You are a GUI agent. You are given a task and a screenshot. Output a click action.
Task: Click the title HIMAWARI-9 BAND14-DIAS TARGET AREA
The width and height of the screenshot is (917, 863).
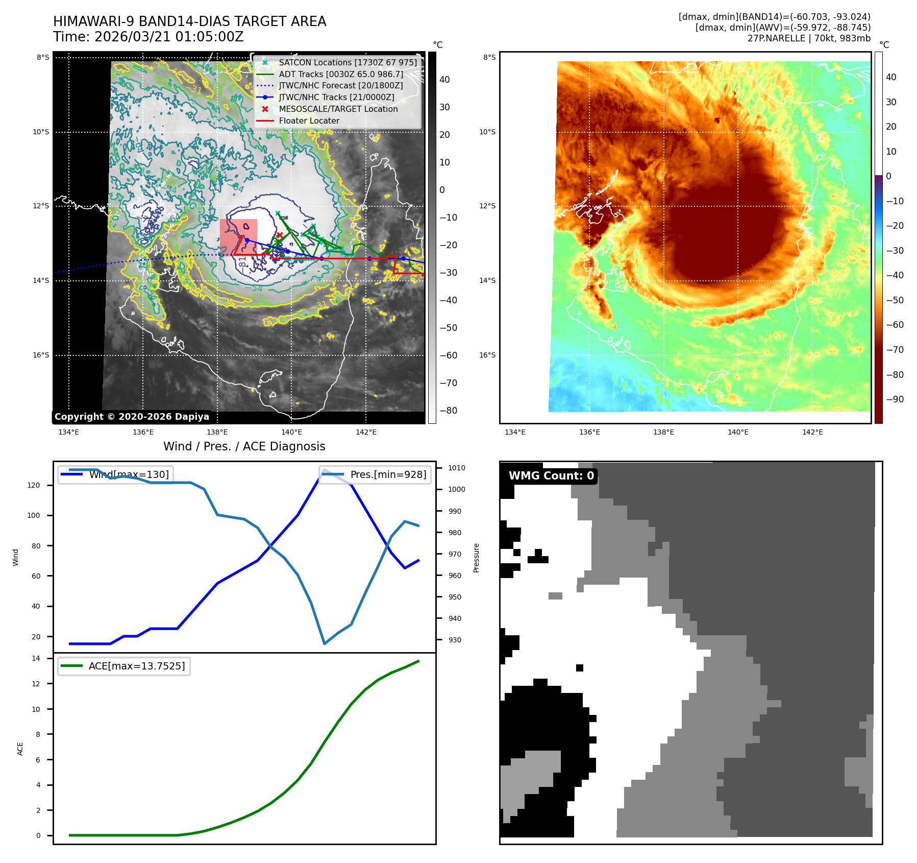(x=189, y=21)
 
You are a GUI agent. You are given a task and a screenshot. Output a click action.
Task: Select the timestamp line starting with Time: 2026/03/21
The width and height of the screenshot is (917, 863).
(x=148, y=37)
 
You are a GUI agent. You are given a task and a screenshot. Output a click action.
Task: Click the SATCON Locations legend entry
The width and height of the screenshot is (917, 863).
(x=347, y=62)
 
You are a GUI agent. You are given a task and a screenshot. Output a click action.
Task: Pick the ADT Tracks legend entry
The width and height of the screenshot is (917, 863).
(x=340, y=74)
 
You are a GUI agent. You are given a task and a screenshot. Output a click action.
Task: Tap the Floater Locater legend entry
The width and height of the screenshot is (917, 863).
(x=309, y=121)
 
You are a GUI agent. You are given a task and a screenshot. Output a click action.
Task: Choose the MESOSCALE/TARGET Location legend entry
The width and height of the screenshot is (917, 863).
(x=338, y=109)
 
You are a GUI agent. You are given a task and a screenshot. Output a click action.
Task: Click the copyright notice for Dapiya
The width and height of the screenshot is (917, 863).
(x=132, y=417)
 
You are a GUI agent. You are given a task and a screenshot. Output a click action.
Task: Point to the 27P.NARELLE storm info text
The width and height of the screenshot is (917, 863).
(x=808, y=38)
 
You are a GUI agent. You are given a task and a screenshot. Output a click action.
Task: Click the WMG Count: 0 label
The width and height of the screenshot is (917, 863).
(x=551, y=476)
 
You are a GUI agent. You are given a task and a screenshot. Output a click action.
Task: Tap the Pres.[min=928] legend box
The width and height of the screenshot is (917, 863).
(x=375, y=474)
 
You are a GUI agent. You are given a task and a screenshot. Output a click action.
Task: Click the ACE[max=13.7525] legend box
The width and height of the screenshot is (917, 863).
(x=124, y=666)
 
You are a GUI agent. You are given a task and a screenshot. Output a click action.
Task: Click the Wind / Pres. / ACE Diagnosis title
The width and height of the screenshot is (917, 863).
(x=244, y=446)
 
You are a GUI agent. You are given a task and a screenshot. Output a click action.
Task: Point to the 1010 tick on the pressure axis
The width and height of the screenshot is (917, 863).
(x=456, y=468)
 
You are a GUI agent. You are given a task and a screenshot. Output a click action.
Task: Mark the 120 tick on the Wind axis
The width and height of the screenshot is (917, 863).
(x=34, y=485)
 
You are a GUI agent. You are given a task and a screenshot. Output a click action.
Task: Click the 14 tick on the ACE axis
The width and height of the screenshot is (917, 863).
(x=36, y=658)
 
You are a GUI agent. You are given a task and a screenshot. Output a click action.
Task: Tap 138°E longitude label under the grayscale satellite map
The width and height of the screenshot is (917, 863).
(x=217, y=432)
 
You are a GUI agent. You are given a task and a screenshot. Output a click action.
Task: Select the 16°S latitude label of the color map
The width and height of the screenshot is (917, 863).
(x=487, y=355)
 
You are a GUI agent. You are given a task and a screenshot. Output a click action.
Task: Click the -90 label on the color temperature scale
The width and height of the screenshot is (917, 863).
(x=895, y=399)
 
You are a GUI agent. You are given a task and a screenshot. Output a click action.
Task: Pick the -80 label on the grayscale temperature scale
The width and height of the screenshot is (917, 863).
(x=449, y=411)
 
